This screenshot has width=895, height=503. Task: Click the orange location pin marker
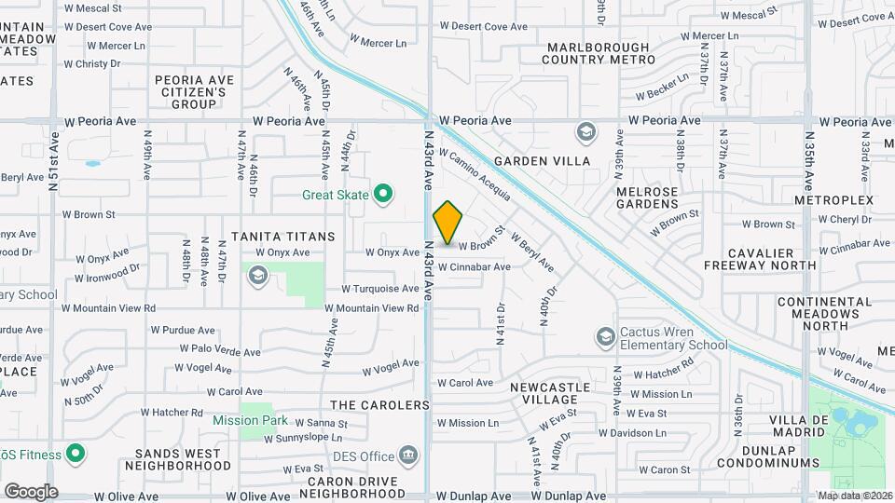tap(447, 223)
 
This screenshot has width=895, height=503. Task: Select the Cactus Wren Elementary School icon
tap(605, 336)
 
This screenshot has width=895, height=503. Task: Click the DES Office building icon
tap(407, 455)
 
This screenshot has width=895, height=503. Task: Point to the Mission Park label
tap(250, 420)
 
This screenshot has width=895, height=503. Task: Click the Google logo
tap(31, 491)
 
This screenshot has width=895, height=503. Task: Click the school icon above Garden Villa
tap(585, 131)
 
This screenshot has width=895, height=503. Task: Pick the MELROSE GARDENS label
tap(647, 197)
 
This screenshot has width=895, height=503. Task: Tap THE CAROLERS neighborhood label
tap(371, 404)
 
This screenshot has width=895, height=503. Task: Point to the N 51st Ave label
tap(53, 160)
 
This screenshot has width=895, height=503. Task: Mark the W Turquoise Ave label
tap(379, 289)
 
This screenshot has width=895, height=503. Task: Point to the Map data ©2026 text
tap(854, 495)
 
